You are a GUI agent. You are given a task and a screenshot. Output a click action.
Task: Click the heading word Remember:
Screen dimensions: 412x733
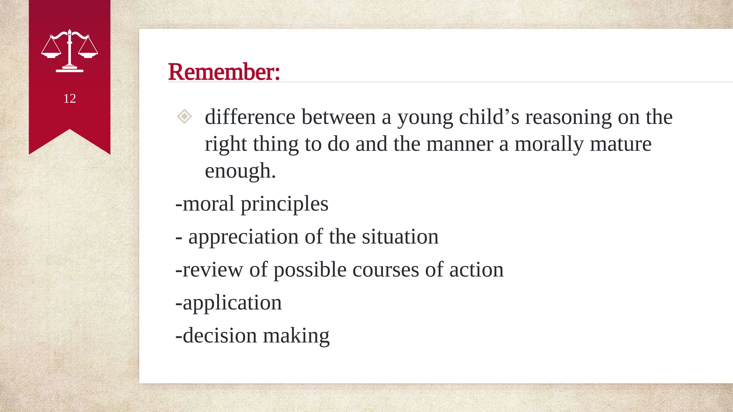[x=224, y=72]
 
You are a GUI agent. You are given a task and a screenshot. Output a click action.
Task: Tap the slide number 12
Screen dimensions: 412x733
[x=69, y=99]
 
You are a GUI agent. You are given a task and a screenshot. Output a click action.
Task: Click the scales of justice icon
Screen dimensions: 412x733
[x=69, y=51]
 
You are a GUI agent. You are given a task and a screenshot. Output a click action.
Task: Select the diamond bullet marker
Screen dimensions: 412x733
[x=184, y=117]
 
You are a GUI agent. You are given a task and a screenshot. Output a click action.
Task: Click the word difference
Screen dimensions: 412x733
[x=250, y=117]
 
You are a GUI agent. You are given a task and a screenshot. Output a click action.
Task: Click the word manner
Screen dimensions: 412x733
[x=460, y=144]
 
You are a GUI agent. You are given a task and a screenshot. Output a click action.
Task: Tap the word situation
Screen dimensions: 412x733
[x=400, y=237]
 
